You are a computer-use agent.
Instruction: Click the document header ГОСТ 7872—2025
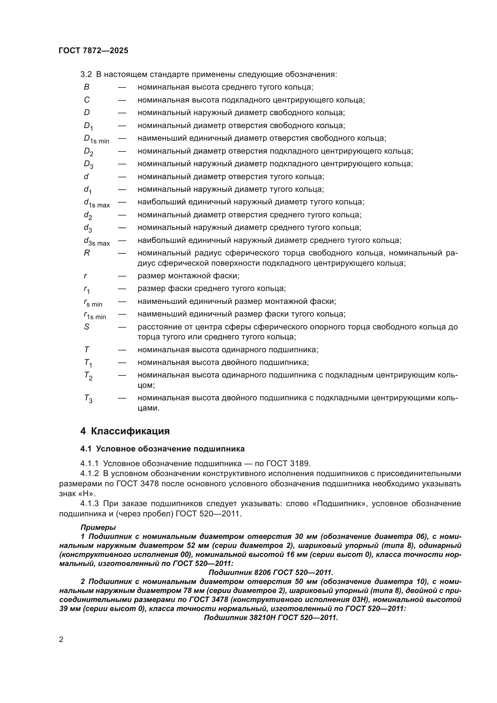93,51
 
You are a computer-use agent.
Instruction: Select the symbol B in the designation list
87,87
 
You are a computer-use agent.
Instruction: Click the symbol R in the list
87,253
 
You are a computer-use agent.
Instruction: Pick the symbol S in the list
87,327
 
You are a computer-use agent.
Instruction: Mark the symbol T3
88,399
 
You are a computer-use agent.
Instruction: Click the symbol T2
88,376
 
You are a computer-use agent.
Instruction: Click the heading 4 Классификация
125,431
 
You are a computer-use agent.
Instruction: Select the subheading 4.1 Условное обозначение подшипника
162,449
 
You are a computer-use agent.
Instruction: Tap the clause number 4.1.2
89,474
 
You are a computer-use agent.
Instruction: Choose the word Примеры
98,527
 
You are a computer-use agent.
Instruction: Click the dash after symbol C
122,100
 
